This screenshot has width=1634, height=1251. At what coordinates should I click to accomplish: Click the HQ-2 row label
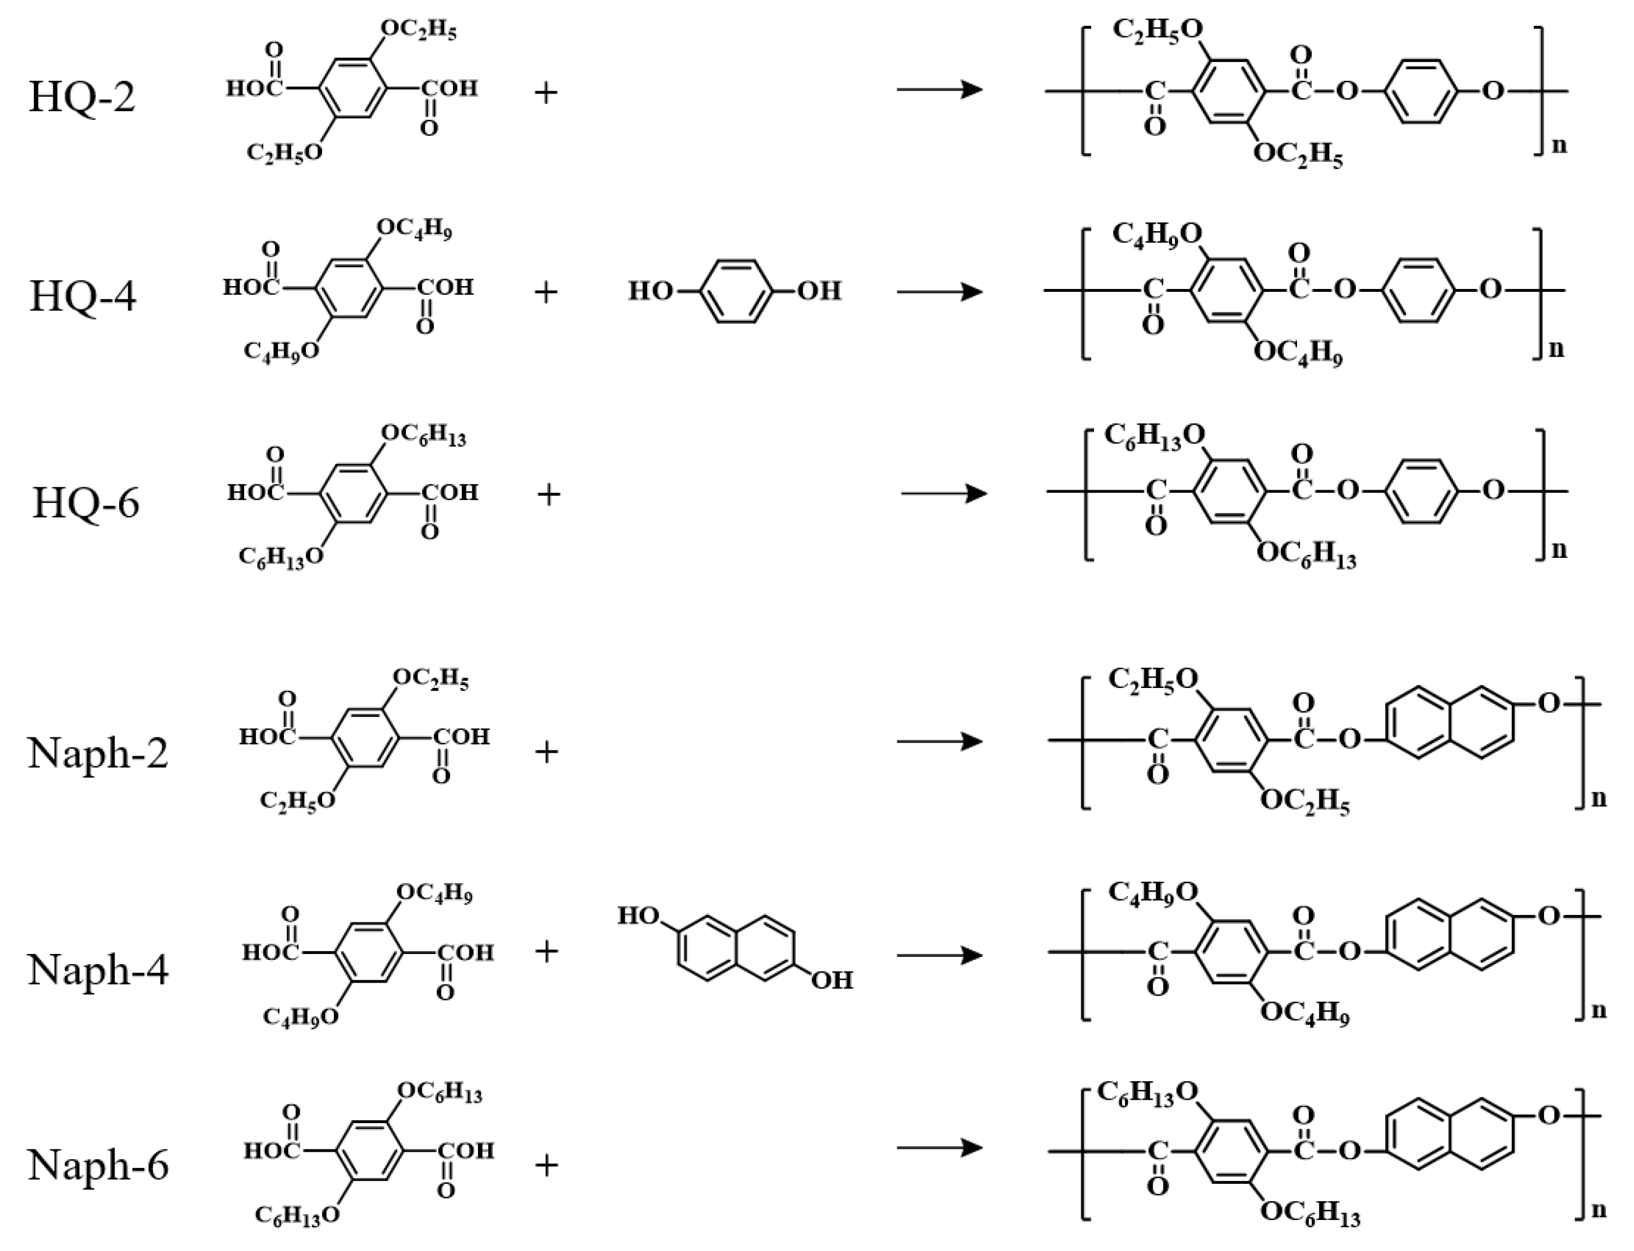pos(82,97)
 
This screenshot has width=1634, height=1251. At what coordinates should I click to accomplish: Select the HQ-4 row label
pos(83,296)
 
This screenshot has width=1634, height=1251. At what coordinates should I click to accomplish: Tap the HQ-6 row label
pos(85,503)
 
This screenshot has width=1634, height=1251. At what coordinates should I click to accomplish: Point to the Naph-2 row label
pos(98,753)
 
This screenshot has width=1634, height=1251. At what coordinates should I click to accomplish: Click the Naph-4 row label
pos(98,970)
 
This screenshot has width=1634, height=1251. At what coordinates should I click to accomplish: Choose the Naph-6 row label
pos(98,1164)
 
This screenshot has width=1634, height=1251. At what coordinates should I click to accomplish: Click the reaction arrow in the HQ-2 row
pos(939,90)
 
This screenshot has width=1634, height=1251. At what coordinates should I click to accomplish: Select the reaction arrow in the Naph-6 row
pos(939,1147)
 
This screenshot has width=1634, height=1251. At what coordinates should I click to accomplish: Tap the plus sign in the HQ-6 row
pos(548,494)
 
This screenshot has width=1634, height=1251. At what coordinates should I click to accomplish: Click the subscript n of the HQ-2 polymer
pos(1558,146)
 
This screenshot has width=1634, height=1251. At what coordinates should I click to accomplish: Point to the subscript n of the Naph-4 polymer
pos(1598,1010)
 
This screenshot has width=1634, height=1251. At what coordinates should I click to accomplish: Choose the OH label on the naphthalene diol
pos(832,980)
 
